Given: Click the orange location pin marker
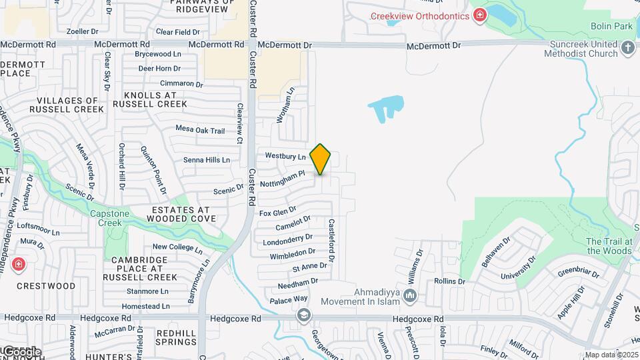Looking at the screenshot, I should (321, 159).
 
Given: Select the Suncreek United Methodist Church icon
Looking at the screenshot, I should (627, 48).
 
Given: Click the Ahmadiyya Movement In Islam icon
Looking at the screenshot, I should (410, 295).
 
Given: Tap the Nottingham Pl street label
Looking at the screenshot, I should (282, 178).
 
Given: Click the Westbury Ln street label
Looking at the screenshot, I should (285, 156).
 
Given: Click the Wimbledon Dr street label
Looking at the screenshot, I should (293, 254).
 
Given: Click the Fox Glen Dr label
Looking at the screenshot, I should (277, 213).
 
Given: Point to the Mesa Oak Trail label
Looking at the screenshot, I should (200, 129).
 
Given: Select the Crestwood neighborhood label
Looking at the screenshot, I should (46, 286).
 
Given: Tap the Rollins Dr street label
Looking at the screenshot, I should (449, 281).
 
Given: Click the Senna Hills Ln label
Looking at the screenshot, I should (207, 160).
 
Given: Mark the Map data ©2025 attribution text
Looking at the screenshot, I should (612, 355).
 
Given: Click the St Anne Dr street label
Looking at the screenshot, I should (310, 267).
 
